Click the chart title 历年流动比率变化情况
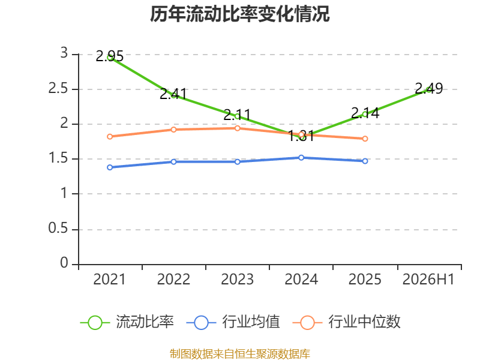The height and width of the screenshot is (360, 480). click(239, 14)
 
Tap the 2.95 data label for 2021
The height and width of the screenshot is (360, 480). click(110, 56)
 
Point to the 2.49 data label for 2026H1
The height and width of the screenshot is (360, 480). click(428, 88)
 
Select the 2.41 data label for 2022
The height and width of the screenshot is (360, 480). click(173, 94)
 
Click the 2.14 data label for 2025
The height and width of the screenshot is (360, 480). click(365, 113)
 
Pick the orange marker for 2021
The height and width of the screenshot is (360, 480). click(110, 137)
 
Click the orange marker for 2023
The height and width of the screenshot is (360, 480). click(237, 128)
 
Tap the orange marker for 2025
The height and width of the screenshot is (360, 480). click(365, 139)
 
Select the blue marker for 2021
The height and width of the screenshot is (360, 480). click(110, 167)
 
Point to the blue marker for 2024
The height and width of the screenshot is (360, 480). click(301, 158)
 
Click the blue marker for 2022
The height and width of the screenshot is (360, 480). click(173, 161)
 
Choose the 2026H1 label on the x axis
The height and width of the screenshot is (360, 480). click(428, 280)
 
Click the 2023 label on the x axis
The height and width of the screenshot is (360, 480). click(237, 280)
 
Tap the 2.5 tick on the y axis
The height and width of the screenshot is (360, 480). click(58, 88)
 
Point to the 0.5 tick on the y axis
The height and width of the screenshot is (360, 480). click(58, 229)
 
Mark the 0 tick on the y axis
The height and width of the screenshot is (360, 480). click(64, 263)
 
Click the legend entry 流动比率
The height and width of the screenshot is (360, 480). click(127, 322)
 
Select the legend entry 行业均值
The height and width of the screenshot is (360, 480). click(233, 322)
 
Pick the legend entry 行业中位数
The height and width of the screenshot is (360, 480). click(347, 322)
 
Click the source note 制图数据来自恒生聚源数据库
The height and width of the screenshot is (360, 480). click(239, 354)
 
